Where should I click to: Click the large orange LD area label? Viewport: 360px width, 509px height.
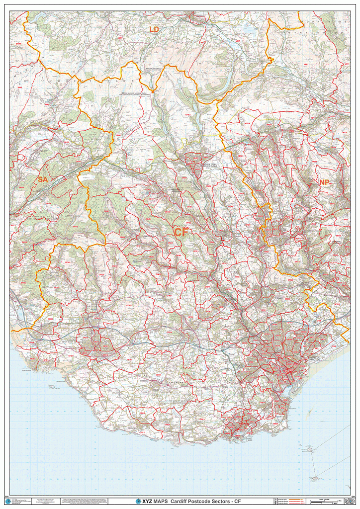pos(154,30)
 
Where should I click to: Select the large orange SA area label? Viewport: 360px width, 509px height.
pos(42,179)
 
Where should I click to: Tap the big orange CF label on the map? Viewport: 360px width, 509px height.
pos(181,232)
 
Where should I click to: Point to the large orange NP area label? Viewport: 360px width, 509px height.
pos(324,182)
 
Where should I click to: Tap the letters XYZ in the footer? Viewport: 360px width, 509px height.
pos(147,502)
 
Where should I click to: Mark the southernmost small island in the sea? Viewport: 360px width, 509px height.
pos(315,478)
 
